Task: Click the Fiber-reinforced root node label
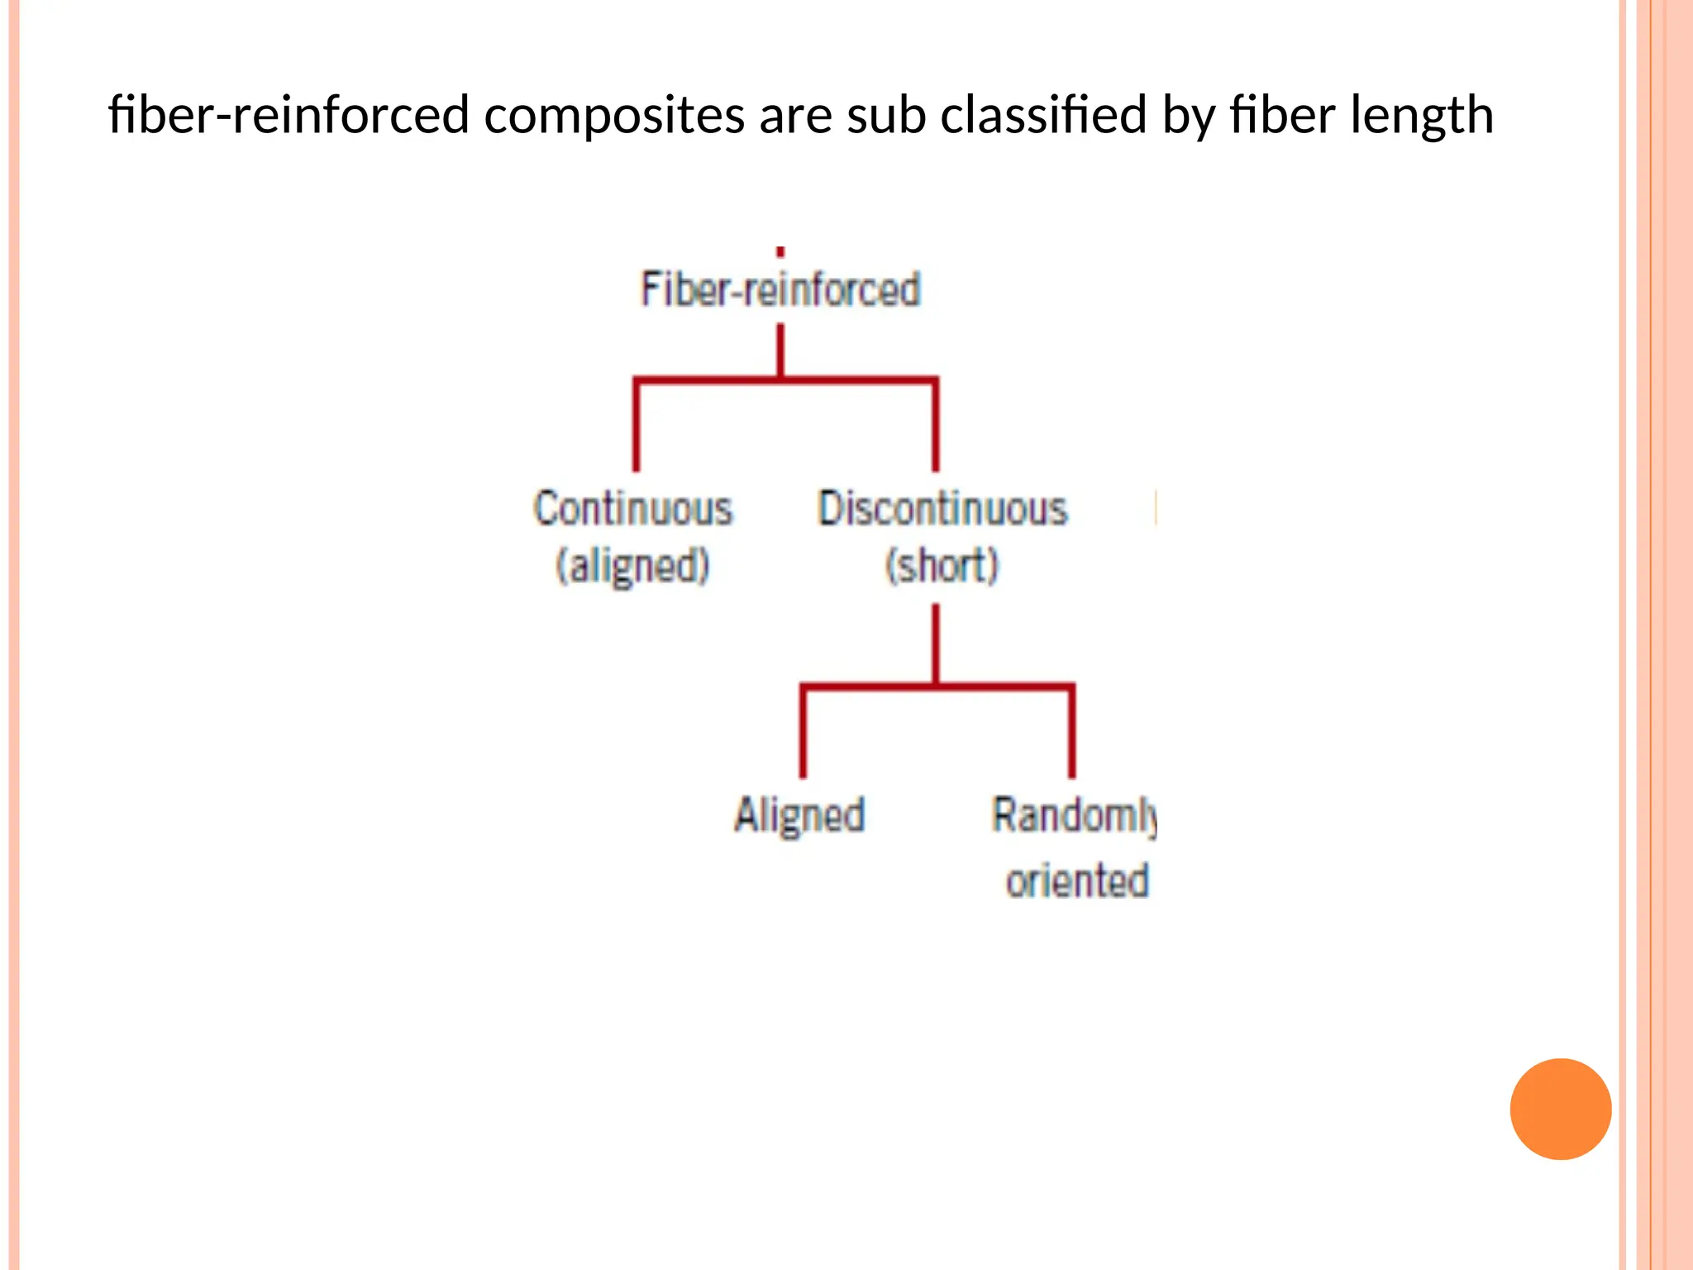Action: click(x=780, y=289)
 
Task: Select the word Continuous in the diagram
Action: click(x=633, y=508)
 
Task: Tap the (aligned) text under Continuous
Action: click(x=633, y=566)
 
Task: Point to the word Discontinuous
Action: click(x=942, y=508)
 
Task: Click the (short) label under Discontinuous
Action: click(x=942, y=566)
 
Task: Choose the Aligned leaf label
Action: click(x=800, y=815)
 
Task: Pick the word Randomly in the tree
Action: click(x=1074, y=815)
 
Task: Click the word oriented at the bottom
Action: click(x=1077, y=880)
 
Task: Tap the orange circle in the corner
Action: click(x=1560, y=1109)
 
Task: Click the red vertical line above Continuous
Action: click(x=636, y=426)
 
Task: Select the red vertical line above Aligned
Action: click(x=803, y=732)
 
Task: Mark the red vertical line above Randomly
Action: click(x=1072, y=732)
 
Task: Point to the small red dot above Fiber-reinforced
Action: click(x=780, y=251)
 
